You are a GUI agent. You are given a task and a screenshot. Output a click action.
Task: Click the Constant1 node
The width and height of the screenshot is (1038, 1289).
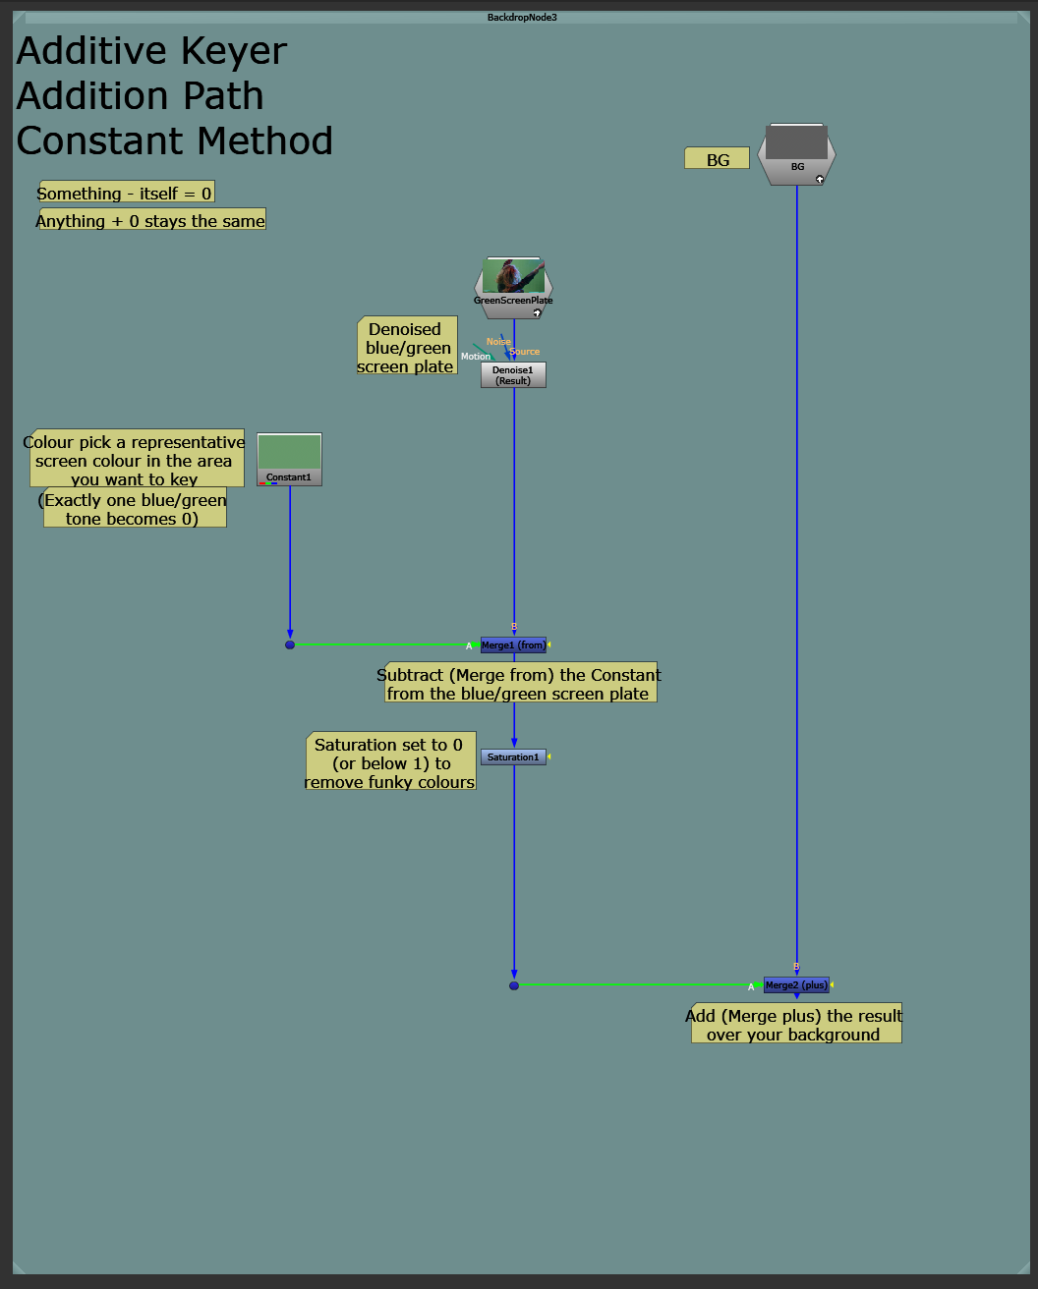[x=289, y=459]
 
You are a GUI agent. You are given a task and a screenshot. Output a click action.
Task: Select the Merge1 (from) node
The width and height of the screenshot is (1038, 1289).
[x=513, y=645]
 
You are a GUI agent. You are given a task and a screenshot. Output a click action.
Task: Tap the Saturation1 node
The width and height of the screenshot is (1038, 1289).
[x=513, y=757]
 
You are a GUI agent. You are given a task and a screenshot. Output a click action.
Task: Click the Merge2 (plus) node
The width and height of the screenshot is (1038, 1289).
[x=796, y=985]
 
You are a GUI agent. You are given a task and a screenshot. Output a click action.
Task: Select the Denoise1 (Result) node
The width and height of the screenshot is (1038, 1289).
[x=513, y=375]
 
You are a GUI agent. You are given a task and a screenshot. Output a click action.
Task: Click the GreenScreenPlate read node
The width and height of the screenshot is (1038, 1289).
[x=513, y=288]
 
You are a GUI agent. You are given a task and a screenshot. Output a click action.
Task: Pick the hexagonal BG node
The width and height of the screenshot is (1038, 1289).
[x=796, y=154]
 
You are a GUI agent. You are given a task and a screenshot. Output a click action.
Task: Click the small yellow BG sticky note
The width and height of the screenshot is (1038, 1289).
[x=718, y=159]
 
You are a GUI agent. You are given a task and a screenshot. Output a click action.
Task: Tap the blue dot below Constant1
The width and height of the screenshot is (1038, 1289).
[x=290, y=645]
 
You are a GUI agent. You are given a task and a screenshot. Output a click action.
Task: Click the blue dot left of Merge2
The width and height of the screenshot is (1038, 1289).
[x=514, y=985]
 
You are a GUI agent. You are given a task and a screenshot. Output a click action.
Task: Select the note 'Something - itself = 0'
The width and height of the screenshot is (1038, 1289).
[x=125, y=194]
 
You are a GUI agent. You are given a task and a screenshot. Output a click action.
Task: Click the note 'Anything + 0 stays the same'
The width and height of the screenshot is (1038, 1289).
[x=151, y=221]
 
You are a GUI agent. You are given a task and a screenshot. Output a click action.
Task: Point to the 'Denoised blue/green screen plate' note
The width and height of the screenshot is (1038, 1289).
[x=407, y=347]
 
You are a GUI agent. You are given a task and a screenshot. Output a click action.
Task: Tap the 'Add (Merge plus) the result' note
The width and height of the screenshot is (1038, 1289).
[x=794, y=1025]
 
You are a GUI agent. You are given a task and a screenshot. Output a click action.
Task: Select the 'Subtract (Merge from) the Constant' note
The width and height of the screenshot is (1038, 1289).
[x=519, y=684]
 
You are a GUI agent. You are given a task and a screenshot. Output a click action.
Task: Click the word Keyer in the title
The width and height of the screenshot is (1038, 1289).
[x=227, y=51]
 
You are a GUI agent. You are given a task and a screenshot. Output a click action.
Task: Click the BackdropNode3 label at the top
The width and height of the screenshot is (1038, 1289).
[x=522, y=18]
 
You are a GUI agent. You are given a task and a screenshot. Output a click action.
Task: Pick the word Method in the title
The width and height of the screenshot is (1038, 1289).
[x=259, y=141]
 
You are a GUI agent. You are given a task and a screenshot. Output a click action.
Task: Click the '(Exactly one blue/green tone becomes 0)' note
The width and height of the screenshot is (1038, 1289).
[x=135, y=509]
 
